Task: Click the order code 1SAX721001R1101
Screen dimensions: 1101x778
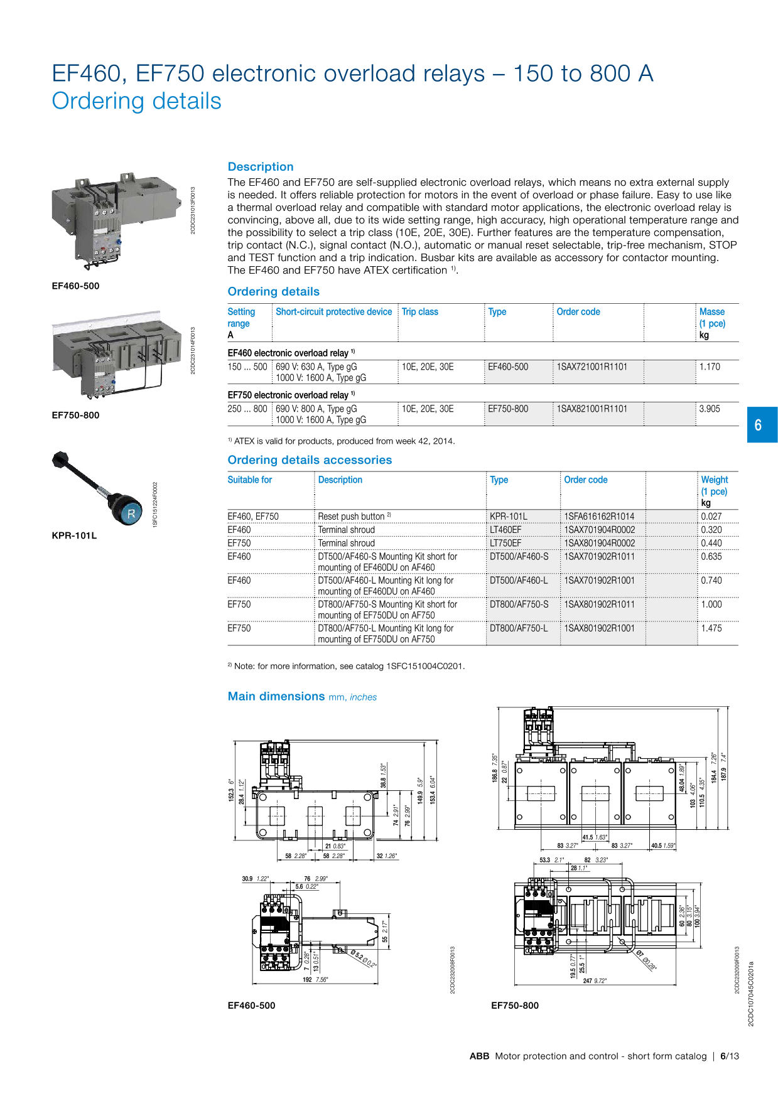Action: [592, 367]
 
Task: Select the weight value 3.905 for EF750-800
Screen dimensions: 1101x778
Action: [710, 409]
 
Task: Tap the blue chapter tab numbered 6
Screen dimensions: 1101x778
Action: [761, 425]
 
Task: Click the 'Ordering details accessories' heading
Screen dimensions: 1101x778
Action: [310, 460]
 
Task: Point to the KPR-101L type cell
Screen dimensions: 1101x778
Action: [508, 517]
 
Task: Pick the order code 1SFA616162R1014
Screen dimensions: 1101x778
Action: [599, 517]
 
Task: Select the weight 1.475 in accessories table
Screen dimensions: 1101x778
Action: [711, 628]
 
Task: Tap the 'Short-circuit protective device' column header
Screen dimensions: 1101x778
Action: [333, 312]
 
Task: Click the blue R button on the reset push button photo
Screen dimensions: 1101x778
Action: [131, 513]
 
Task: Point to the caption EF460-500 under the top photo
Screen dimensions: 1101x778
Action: [75, 286]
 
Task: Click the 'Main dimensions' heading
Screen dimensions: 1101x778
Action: [276, 696]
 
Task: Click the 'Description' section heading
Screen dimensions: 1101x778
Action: [261, 167]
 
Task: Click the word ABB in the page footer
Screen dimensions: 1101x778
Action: [479, 1056]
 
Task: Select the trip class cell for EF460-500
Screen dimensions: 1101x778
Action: [428, 367]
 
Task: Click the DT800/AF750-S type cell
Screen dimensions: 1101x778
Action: [519, 604]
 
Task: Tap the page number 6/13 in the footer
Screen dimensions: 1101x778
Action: [729, 1056]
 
